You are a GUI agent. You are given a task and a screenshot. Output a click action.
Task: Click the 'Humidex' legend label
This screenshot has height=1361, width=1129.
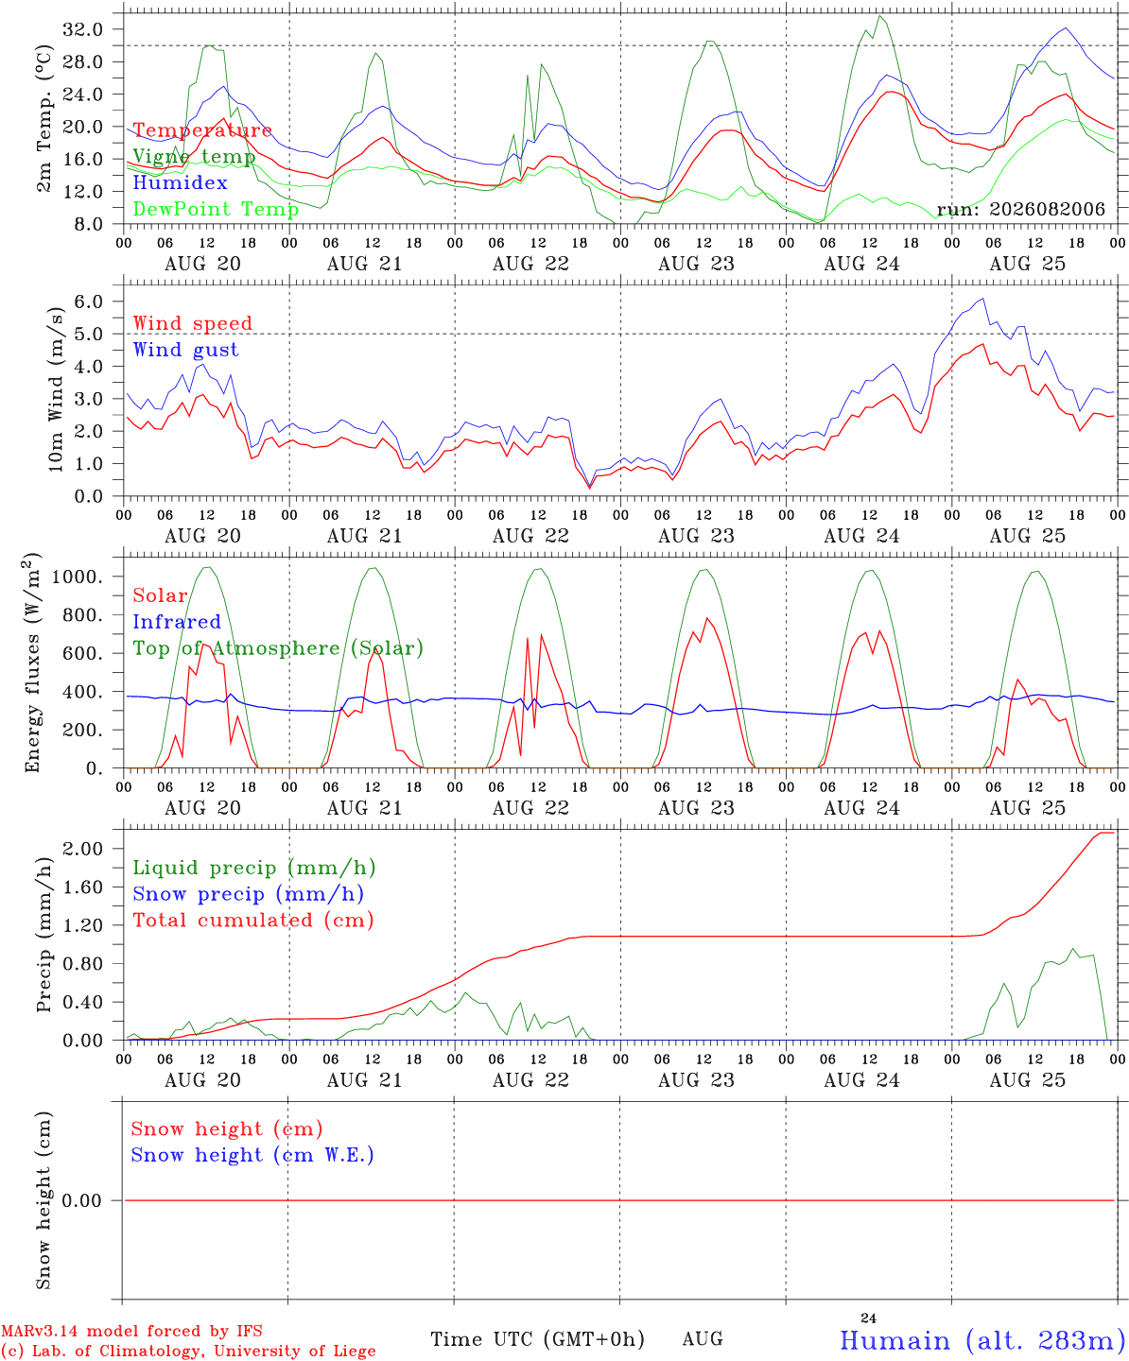click(x=180, y=182)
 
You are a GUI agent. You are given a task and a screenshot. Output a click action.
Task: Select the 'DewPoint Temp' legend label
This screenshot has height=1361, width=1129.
click(x=216, y=209)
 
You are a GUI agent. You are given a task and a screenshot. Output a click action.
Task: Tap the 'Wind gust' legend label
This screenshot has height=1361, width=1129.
click(x=186, y=350)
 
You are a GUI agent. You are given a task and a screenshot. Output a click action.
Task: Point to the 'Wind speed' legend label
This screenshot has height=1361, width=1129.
click(x=192, y=323)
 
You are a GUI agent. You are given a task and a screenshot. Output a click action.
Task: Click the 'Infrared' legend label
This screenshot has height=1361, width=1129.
click(x=177, y=622)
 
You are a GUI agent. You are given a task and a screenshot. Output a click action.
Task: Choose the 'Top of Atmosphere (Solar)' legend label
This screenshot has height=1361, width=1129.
click(x=279, y=648)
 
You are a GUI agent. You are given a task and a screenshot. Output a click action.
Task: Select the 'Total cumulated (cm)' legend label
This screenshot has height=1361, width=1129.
click(x=253, y=920)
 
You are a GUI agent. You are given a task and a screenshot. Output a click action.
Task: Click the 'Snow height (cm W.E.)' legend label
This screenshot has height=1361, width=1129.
click(x=252, y=1154)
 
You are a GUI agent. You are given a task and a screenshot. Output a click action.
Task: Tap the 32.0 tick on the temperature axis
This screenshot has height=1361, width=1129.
click(x=83, y=29)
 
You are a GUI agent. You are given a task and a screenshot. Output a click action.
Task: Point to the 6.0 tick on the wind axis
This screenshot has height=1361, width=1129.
click(x=89, y=301)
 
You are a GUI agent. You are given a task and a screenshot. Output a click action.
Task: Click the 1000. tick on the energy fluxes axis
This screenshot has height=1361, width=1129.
click(x=78, y=577)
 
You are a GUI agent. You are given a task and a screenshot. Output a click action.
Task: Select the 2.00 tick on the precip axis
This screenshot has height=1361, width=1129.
click(x=83, y=848)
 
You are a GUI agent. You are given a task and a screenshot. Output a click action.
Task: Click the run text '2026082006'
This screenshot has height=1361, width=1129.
click(x=1047, y=209)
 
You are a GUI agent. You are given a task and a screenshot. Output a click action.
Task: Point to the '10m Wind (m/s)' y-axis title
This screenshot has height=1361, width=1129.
click(x=55, y=389)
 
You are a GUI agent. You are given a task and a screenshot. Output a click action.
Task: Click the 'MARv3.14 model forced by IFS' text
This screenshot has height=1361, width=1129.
click(x=131, y=1331)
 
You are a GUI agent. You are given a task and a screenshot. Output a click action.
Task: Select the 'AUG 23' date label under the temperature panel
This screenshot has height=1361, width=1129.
click(x=696, y=264)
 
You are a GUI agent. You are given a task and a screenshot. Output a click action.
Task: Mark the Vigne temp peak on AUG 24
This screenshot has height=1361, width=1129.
click(x=880, y=16)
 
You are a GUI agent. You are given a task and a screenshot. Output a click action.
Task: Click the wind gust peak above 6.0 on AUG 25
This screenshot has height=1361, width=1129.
click(x=982, y=299)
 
